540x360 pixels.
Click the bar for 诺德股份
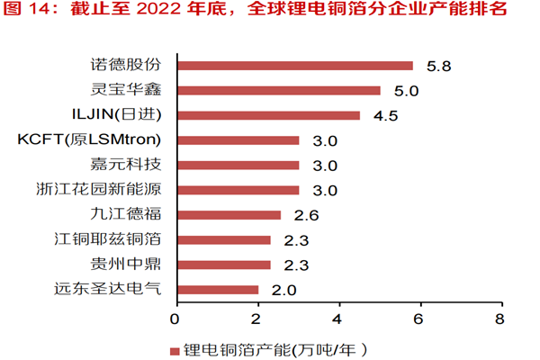point(294,66)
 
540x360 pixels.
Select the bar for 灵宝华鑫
point(278,90)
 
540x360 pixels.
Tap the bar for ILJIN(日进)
point(268,115)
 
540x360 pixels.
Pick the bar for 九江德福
point(229,215)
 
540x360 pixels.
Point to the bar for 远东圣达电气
point(217,290)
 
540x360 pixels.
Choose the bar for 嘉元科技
point(238,165)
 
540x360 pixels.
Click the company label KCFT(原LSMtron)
point(89,139)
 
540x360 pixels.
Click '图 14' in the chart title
point(27,12)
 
